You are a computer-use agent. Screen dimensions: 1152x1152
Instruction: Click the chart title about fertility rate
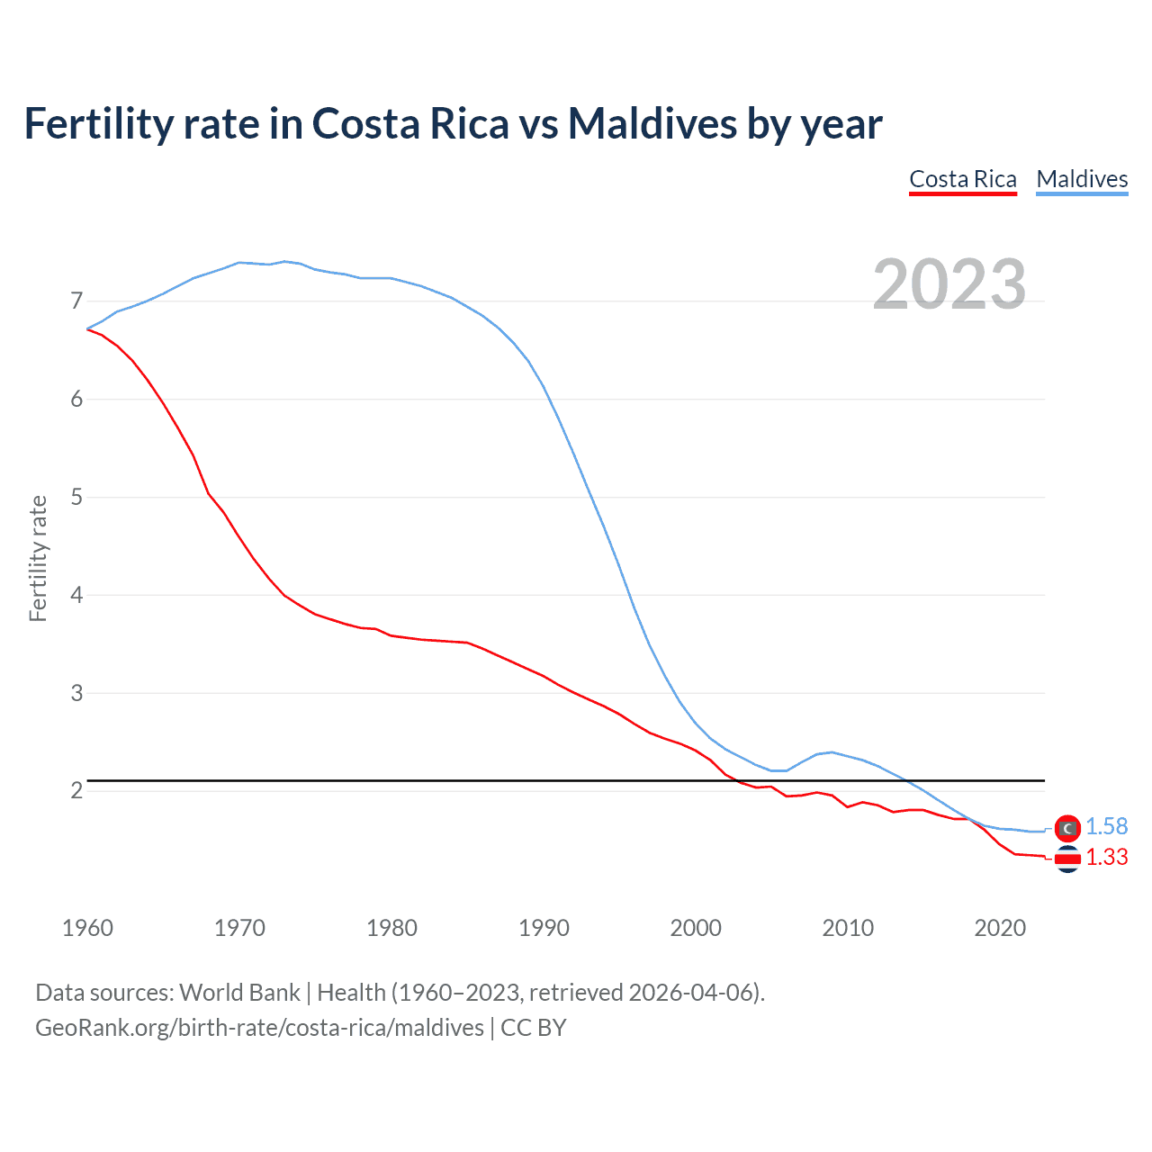tap(453, 124)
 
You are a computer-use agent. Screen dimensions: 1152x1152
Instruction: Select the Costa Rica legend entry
tap(962, 179)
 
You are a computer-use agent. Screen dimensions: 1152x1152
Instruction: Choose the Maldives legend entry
tap(1082, 179)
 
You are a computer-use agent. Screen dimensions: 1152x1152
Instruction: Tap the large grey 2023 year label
tap(949, 284)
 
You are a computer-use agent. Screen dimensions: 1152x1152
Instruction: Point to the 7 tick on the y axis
tap(76, 301)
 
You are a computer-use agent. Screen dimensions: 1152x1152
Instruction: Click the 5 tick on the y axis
tap(76, 497)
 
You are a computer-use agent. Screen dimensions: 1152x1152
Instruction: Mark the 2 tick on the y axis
tap(76, 791)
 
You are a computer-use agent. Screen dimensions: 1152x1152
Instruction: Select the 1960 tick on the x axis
tap(87, 928)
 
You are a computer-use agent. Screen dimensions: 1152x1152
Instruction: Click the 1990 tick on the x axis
tap(544, 928)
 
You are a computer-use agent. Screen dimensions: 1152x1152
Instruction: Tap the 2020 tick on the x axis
tap(1000, 928)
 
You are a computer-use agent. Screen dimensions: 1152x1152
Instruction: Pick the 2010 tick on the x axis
tap(848, 928)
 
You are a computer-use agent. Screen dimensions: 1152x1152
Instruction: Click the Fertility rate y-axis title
tap(38, 558)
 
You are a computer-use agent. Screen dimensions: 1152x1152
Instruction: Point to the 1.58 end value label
tap(1106, 827)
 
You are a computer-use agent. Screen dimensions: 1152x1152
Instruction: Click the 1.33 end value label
tap(1106, 858)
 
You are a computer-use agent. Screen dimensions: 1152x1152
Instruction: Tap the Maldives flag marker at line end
tap(1067, 827)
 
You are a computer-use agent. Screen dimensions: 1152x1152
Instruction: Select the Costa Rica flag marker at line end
tap(1067, 859)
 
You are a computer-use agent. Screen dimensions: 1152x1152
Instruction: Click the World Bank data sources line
tap(400, 993)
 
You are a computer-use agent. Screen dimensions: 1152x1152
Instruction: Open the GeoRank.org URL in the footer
tap(259, 1028)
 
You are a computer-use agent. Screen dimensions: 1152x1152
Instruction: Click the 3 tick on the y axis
tap(76, 693)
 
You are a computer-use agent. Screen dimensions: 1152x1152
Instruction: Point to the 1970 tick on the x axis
tap(239, 928)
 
